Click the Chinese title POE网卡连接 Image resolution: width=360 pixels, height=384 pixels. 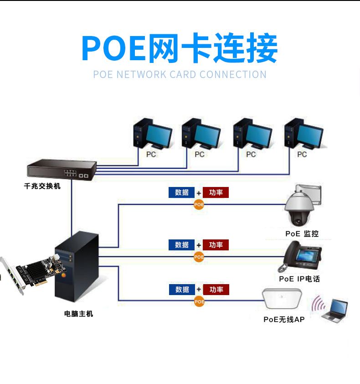point(180,48)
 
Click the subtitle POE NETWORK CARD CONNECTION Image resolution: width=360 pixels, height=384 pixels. point(180,75)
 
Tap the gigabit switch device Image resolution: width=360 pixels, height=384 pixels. point(62,170)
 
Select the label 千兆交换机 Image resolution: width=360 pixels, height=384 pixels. point(42,187)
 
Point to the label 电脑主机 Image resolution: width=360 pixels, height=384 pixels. point(78,314)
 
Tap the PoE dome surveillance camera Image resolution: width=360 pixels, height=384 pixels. point(300,208)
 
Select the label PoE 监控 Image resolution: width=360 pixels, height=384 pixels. point(302,234)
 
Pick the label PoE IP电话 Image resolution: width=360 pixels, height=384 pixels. point(299,279)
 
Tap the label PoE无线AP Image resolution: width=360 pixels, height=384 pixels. point(283,320)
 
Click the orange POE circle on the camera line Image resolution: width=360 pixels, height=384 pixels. point(199,204)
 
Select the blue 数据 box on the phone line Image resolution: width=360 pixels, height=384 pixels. point(182,245)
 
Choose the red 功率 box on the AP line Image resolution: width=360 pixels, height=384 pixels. point(216,290)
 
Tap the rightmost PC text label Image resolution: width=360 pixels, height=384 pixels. point(302,155)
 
